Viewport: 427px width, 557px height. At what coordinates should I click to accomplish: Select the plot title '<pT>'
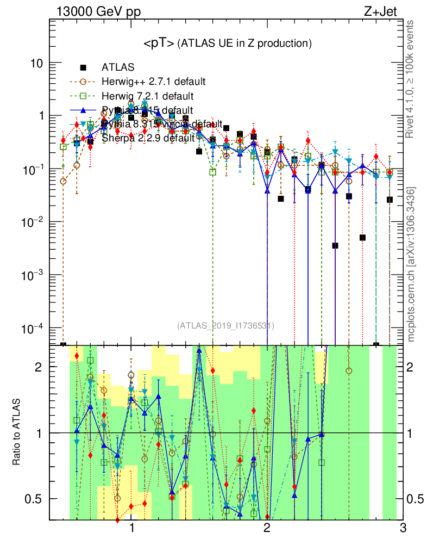[159, 43]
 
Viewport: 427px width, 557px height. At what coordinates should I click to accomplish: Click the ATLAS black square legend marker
[83, 68]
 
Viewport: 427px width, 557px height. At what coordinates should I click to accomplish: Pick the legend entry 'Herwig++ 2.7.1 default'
[153, 82]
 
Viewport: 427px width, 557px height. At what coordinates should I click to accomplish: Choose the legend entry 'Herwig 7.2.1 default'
[148, 96]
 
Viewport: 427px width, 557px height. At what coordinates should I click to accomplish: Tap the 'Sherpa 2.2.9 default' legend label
[148, 138]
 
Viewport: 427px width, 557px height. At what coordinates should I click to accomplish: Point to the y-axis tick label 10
[36, 63]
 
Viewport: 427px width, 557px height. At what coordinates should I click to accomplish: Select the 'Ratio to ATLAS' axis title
[17, 432]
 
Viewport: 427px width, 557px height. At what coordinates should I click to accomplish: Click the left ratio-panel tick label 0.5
[34, 499]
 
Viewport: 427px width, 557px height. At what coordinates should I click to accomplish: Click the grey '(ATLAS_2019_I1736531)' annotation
[225, 326]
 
